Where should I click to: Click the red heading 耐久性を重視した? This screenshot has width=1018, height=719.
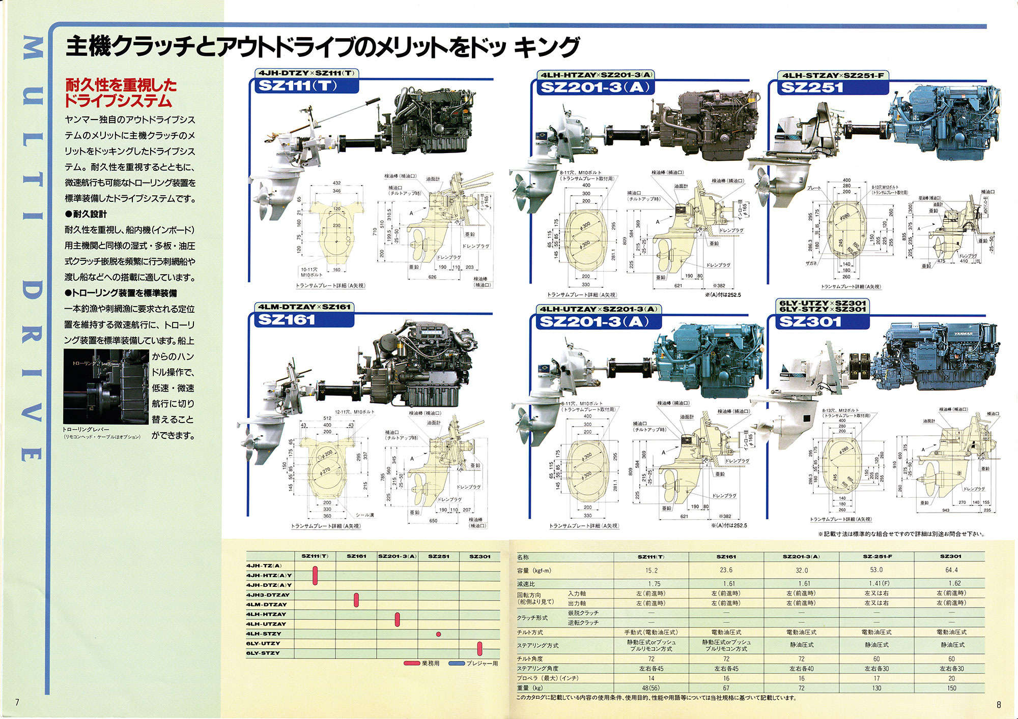[121, 85]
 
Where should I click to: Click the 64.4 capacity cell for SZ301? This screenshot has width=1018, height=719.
[951, 570]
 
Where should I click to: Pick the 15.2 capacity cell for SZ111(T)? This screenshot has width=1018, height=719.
[651, 571]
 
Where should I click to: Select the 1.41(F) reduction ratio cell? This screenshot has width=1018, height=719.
[876, 584]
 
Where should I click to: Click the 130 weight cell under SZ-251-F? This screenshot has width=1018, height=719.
[876, 688]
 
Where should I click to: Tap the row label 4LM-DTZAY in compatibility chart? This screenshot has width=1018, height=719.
[267, 605]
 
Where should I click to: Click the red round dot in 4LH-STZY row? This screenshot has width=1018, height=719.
[438, 634]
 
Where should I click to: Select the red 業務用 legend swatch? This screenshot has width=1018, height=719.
[411, 664]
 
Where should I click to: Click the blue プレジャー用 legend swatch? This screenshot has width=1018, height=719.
[457, 664]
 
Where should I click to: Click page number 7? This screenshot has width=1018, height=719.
[17, 703]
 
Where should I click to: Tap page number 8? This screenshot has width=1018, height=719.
[998, 704]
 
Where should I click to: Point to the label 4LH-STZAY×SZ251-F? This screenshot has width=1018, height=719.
[833, 75]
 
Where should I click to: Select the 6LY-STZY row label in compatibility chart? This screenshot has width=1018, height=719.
[263, 653]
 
